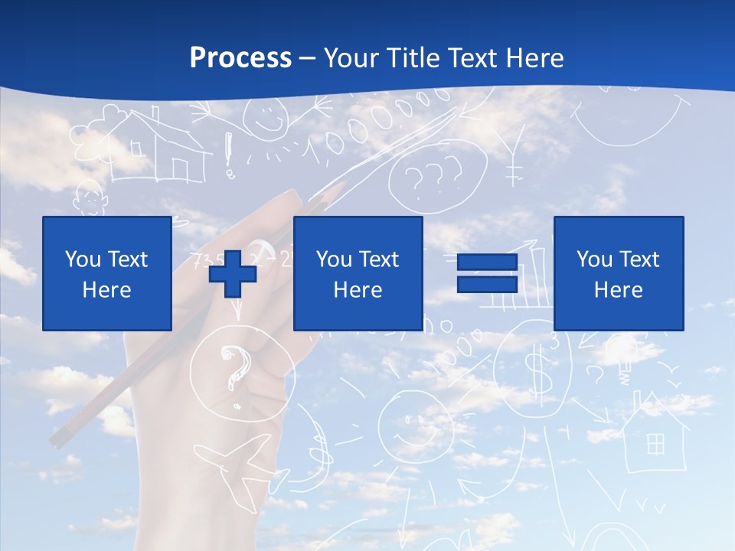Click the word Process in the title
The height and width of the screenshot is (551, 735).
pos(240,58)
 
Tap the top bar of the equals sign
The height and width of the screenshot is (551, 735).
pos(487,262)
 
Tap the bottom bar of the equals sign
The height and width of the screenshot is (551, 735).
pos(487,284)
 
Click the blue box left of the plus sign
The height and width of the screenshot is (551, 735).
pos(107,273)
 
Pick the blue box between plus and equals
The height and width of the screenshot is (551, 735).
pos(358,273)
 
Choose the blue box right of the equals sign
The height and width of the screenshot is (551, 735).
pos(618,273)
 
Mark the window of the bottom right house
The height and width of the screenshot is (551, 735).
pos(655,443)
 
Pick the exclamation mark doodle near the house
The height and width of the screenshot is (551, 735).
pos(228,154)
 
